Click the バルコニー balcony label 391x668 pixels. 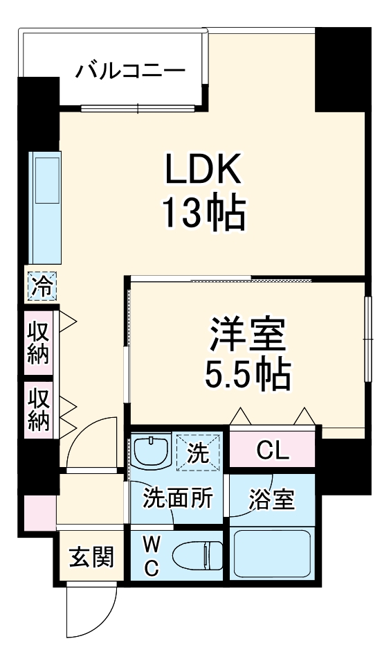(131, 71)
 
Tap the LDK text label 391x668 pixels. (203, 169)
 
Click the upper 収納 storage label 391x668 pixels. (39, 343)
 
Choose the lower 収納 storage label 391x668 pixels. (39, 410)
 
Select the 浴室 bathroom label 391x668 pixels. (271, 499)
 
